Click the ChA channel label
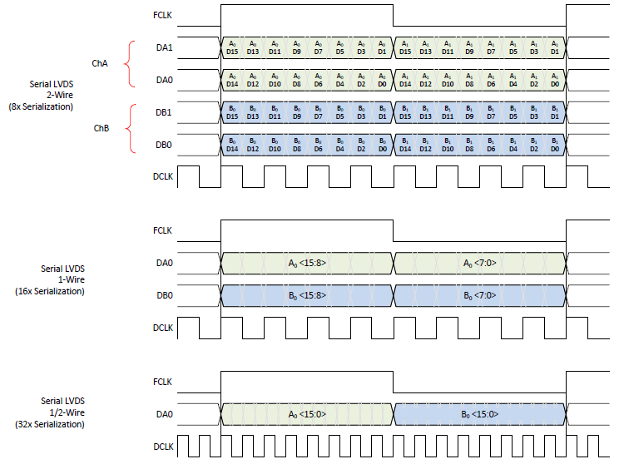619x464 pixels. click(x=99, y=62)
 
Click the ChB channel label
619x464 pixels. click(x=99, y=129)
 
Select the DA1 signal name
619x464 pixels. click(x=164, y=47)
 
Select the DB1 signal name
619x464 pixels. click(x=164, y=112)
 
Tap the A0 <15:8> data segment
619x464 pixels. click(x=306, y=263)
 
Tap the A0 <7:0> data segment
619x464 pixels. click(x=479, y=263)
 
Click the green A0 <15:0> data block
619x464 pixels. click(x=306, y=413)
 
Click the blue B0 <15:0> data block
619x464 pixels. click(x=479, y=413)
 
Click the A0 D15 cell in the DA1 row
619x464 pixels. click(x=231, y=47)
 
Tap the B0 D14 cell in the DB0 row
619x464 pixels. click(x=231, y=145)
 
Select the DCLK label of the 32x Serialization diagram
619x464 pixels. click(x=163, y=446)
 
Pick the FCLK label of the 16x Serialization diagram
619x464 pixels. click(x=164, y=231)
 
